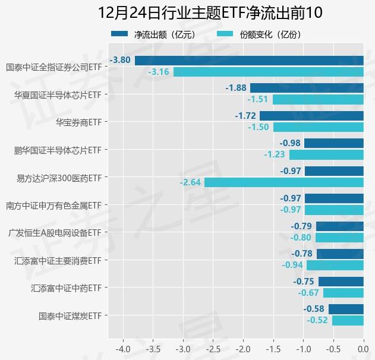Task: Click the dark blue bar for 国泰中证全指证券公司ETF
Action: click(x=249, y=60)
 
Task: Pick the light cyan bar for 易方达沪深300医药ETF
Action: click(x=283, y=182)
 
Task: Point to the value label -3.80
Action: click(x=121, y=60)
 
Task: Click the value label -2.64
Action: click(x=190, y=182)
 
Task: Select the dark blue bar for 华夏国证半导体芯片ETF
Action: click(x=307, y=88)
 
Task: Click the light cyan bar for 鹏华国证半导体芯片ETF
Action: click(x=326, y=154)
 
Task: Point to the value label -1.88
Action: click(x=236, y=88)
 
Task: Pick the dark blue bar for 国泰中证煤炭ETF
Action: click(x=346, y=309)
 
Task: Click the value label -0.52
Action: click(x=317, y=320)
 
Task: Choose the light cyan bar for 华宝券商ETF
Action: click(x=318, y=127)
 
